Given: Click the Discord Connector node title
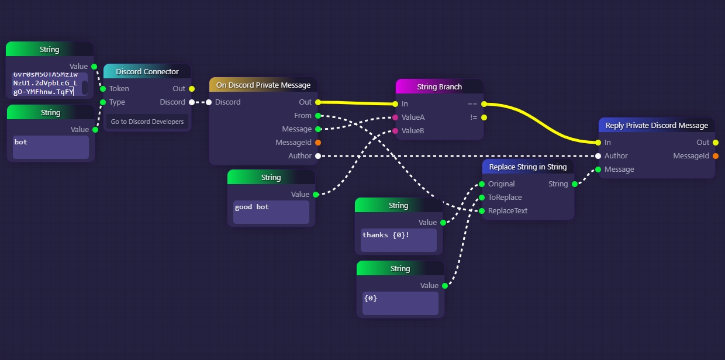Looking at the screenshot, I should (147, 71).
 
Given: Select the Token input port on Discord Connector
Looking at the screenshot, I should (103, 89).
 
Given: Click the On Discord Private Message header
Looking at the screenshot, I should (263, 85).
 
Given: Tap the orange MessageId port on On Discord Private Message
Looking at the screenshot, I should (317, 143).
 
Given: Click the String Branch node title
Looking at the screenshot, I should (439, 86).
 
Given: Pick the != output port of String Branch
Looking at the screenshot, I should (484, 117).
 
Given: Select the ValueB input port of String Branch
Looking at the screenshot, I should (395, 131).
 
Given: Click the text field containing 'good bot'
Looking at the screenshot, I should (271, 212).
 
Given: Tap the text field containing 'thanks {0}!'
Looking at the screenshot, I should (398, 240).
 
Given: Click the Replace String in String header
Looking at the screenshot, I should (527, 167).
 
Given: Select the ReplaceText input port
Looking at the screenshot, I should (482, 211).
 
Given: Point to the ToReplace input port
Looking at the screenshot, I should (482, 198).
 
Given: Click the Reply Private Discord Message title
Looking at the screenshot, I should (656, 126).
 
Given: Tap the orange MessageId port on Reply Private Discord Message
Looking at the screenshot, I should (716, 156).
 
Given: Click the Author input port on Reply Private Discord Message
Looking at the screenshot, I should (598, 156).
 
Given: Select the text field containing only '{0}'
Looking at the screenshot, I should (400, 303).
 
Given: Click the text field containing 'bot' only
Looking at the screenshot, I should (50, 147).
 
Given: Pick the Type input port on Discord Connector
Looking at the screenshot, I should (103, 102).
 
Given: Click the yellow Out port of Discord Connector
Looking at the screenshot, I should (191, 89).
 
